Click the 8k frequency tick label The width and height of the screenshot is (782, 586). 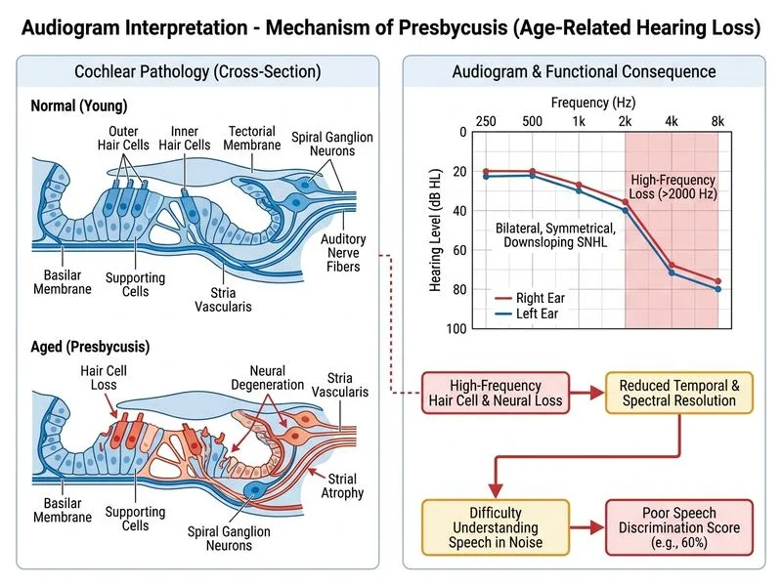pos(717,121)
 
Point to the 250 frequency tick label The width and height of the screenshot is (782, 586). pos(486,121)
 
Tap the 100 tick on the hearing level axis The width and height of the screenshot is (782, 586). pos(456,328)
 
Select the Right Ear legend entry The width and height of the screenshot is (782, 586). pos(530,298)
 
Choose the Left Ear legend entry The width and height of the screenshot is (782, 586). pos(527,314)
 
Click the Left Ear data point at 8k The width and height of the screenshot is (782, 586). pos(718,289)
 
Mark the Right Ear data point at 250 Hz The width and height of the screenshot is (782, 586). pos(486,172)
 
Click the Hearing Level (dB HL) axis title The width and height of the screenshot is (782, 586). pos(435,230)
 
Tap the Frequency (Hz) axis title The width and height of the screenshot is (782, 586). pos(593,103)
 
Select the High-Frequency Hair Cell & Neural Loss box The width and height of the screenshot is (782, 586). pos(496,393)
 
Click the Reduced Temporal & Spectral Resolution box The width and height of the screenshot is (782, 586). pos(678,393)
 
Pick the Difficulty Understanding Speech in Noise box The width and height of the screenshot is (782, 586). pos(496,527)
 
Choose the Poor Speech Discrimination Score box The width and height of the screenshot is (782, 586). pos(678,527)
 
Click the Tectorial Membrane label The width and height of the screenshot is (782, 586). pos(252,138)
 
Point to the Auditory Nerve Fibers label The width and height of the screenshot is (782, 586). pos(343,253)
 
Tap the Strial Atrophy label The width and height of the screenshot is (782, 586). pos(342,485)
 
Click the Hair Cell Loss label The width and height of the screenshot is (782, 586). pos(104,378)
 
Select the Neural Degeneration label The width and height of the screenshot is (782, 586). pos(267,378)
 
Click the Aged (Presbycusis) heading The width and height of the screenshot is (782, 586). pos(90,347)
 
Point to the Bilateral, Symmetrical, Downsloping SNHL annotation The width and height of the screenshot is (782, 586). pos(555,235)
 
